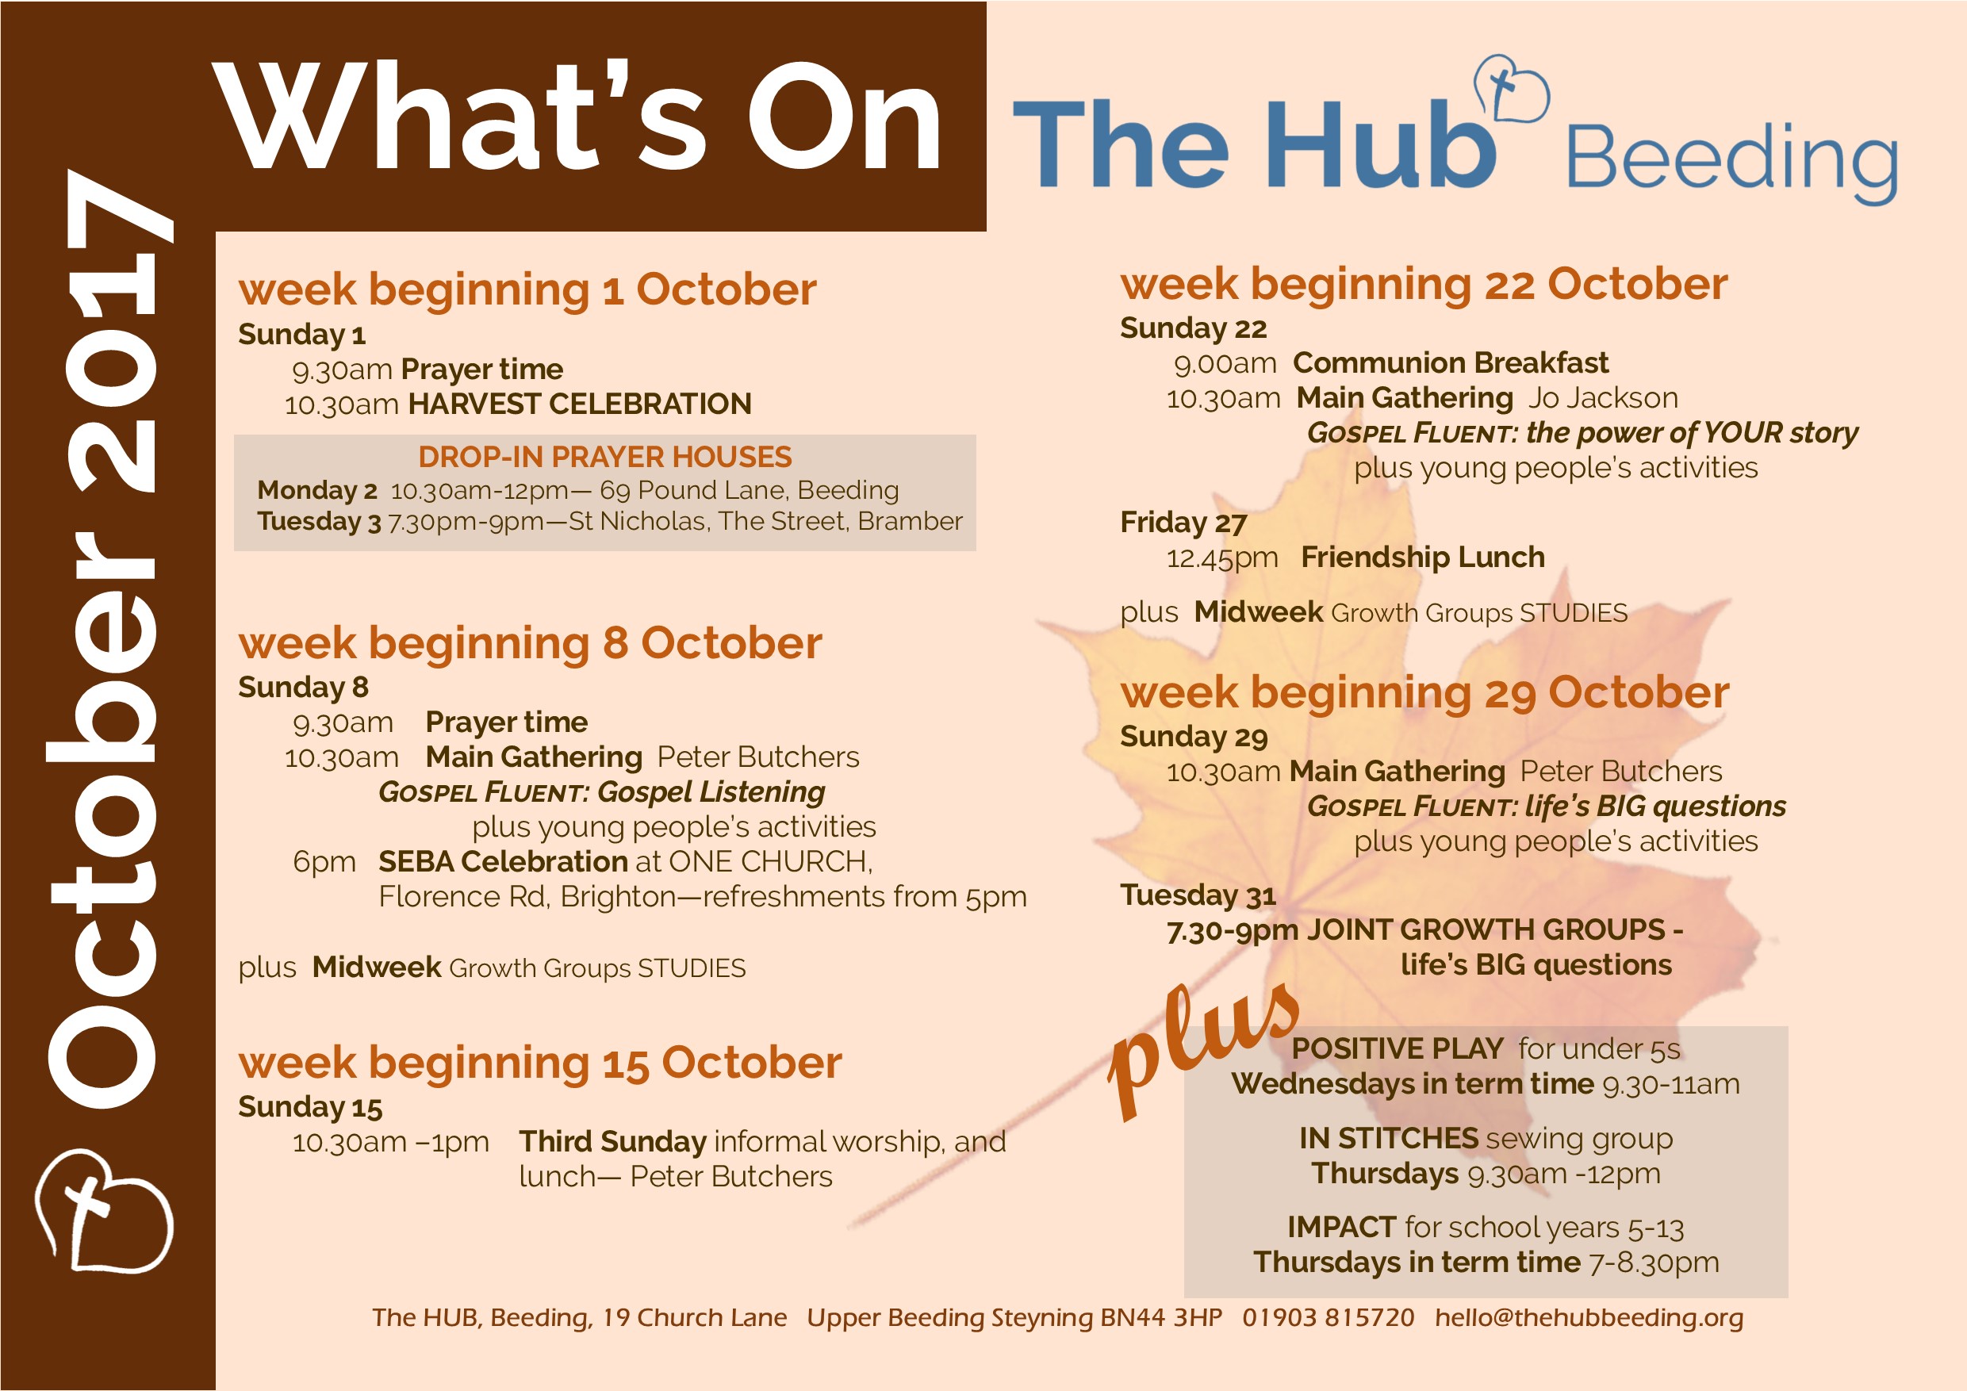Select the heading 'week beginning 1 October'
527,289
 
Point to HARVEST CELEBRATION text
580,404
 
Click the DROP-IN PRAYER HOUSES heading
605,457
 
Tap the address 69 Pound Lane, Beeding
749,490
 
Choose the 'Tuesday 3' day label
319,522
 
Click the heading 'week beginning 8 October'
530,643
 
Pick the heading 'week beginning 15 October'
539,1063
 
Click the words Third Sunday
612,1142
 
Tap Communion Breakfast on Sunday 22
1451,363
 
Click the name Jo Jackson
1603,398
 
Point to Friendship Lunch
1422,558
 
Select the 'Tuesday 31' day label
1198,895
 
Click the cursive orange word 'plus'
1204,1049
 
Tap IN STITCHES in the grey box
1389,1138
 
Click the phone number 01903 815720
1328,1317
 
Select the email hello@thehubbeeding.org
1589,1318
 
